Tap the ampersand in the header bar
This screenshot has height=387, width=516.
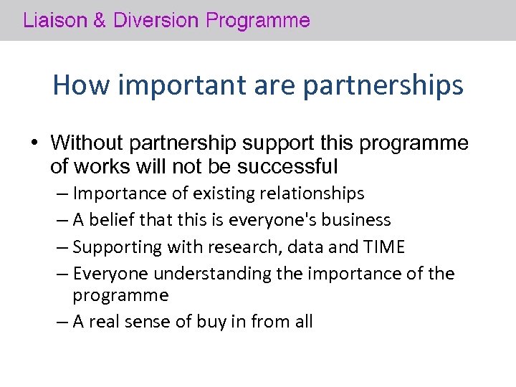(x=100, y=20)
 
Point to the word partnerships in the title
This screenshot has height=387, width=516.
(x=383, y=85)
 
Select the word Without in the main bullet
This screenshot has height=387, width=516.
(x=88, y=143)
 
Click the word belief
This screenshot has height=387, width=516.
(x=112, y=220)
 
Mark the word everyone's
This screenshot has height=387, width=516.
(x=272, y=220)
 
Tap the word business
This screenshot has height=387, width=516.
(x=356, y=220)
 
